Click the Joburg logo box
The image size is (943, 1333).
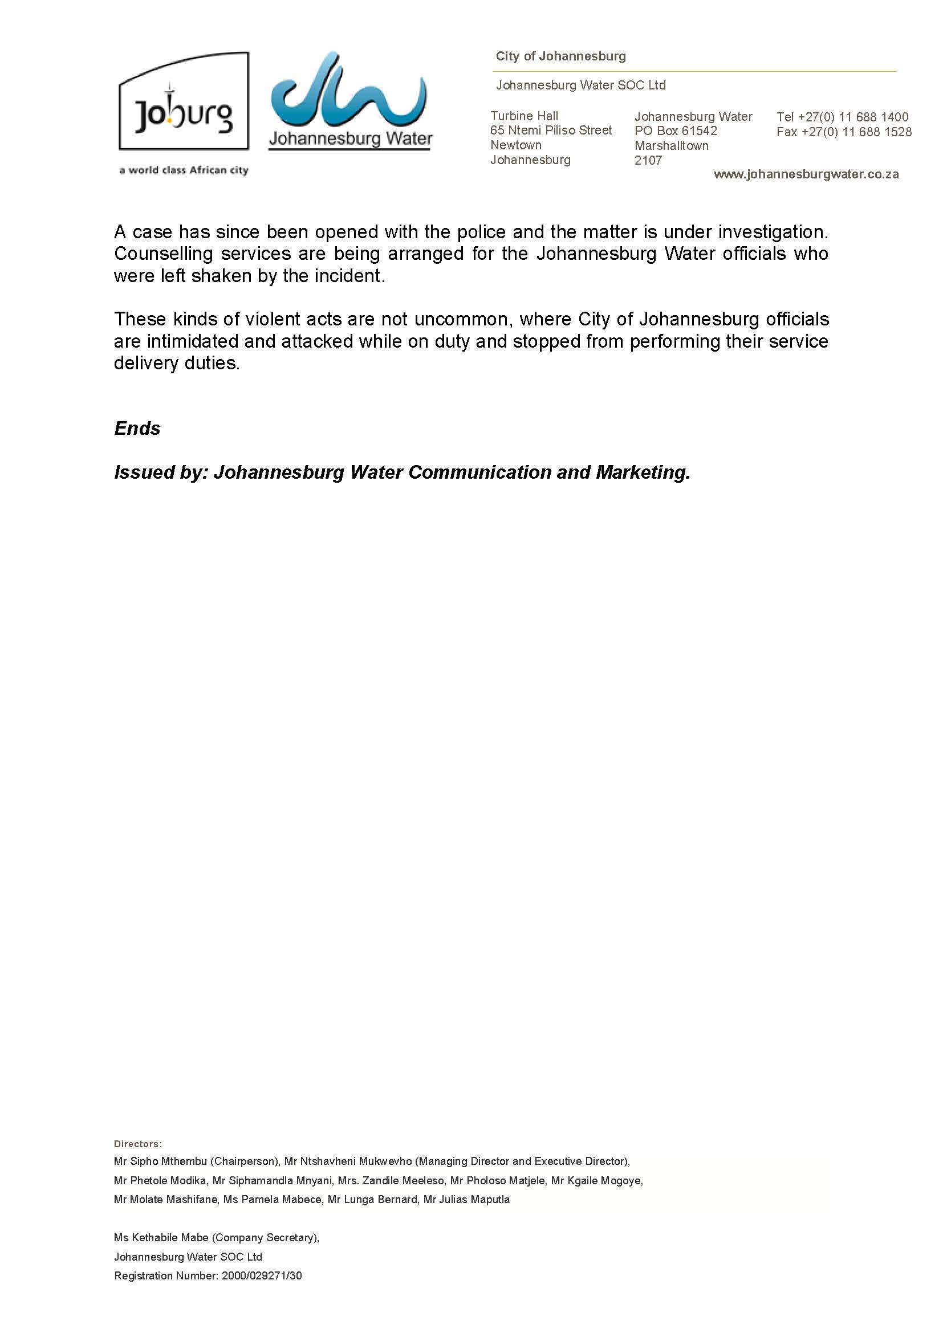tap(184, 101)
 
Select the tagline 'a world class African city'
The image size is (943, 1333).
tap(184, 170)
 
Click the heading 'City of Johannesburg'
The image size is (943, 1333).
tap(560, 56)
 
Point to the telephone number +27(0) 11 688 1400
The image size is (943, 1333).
tap(853, 117)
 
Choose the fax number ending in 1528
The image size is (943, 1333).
tap(856, 132)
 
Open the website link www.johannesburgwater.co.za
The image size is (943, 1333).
tap(806, 174)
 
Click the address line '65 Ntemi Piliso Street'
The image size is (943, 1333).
tap(551, 130)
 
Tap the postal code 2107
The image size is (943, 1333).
tap(648, 160)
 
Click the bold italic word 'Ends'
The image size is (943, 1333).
tap(137, 428)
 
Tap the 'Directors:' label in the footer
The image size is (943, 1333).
tap(137, 1144)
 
